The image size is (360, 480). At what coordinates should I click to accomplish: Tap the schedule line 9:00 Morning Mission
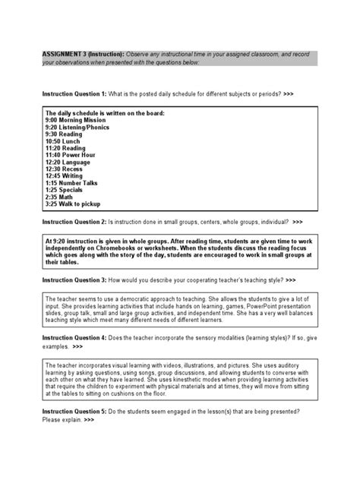(x=74, y=121)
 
